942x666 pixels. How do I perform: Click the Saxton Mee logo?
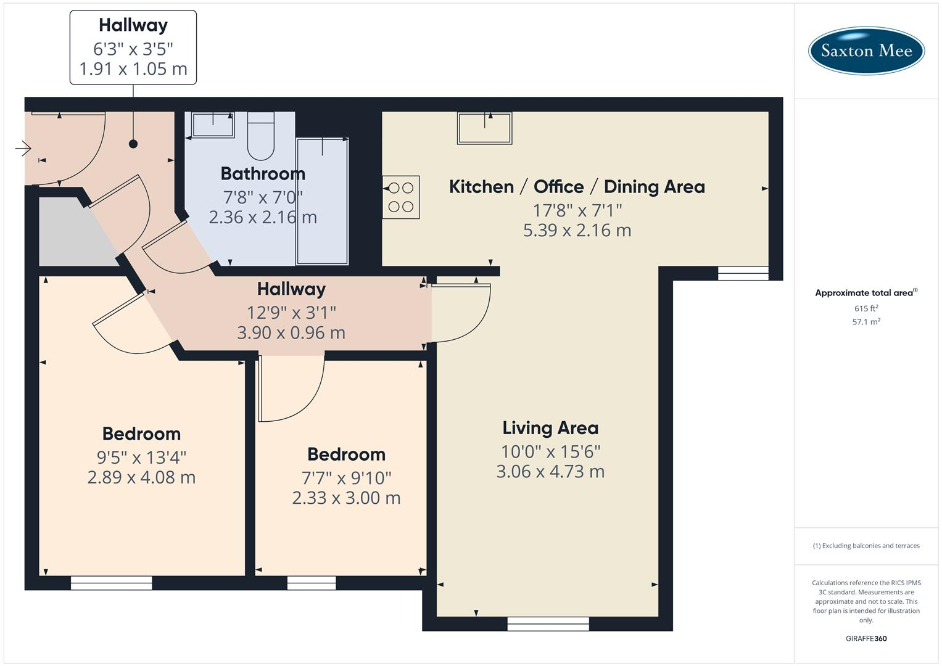pyautogui.click(x=866, y=51)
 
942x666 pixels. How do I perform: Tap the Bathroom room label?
pyautogui.click(x=263, y=174)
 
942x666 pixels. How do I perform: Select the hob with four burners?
pyautogui.click(x=401, y=197)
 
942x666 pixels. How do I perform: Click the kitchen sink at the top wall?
pyautogui.click(x=484, y=128)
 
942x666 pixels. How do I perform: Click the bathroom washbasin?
pyautogui.click(x=213, y=125)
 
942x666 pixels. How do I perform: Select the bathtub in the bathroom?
pyautogui.click(x=322, y=201)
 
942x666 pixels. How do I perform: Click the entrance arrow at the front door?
pyautogui.click(x=23, y=148)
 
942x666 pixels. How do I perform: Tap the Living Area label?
pyautogui.click(x=550, y=428)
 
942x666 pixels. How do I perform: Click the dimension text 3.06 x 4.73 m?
pyautogui.click(x=550, y=472)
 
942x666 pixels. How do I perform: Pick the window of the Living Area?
pyautogui.click(x=548, y=624)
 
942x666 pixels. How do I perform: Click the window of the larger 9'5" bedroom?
pyautogui.click(x=111, y=583)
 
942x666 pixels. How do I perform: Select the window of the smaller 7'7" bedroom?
pyautogui.click(x=312, y=583)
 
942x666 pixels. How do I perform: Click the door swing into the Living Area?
pyautogui.click(x=460, y=312)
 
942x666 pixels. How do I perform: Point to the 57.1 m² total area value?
pyautogui.click(x=866, y=322)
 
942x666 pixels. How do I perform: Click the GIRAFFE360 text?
pyautogui.click(x=866, y=639)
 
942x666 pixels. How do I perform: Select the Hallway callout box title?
pyautogui.click(x=133, y=25)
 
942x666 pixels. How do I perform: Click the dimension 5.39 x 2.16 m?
pyautogui.click(x=577, y=231)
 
